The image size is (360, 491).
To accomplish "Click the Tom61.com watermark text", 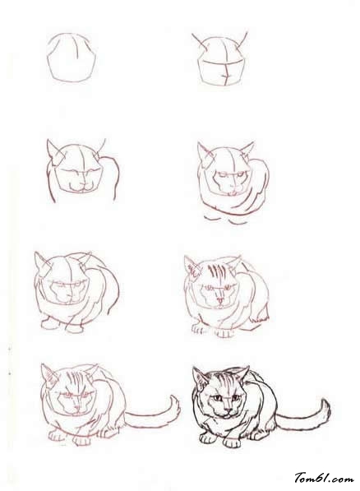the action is [324, 478].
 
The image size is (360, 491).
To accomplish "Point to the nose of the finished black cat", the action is [228, 410].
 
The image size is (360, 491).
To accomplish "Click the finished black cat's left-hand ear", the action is [200, 378].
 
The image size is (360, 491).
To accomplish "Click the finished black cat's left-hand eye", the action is [217, 398].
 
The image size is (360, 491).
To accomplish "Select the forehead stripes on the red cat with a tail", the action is [74, 380].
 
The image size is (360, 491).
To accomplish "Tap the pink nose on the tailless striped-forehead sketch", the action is [220, 301].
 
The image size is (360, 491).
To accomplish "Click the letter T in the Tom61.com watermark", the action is [299, 477].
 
